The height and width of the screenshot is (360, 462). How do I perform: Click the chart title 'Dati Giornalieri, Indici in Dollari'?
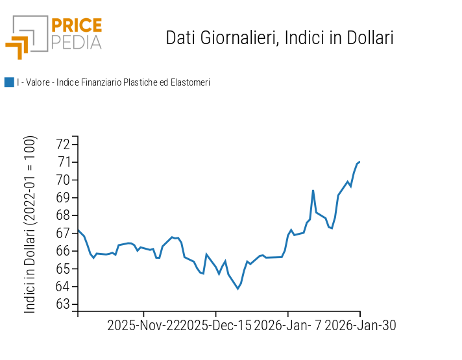pos(280,38)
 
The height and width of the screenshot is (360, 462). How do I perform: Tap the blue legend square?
pos(9,82)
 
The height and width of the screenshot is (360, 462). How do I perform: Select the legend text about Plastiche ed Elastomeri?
pos(114,82)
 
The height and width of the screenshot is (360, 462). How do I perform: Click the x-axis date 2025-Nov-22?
pos(144,326)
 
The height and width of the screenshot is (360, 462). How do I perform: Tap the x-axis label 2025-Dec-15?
pos(216,326)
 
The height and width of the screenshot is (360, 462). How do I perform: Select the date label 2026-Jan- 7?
pos(288,326)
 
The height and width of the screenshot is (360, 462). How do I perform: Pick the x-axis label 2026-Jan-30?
pos(360,326)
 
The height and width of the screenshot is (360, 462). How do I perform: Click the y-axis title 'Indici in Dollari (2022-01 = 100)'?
pos(30,224)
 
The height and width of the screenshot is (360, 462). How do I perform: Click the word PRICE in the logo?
pos(77,25)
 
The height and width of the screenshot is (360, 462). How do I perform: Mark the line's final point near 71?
pos(359,162)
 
